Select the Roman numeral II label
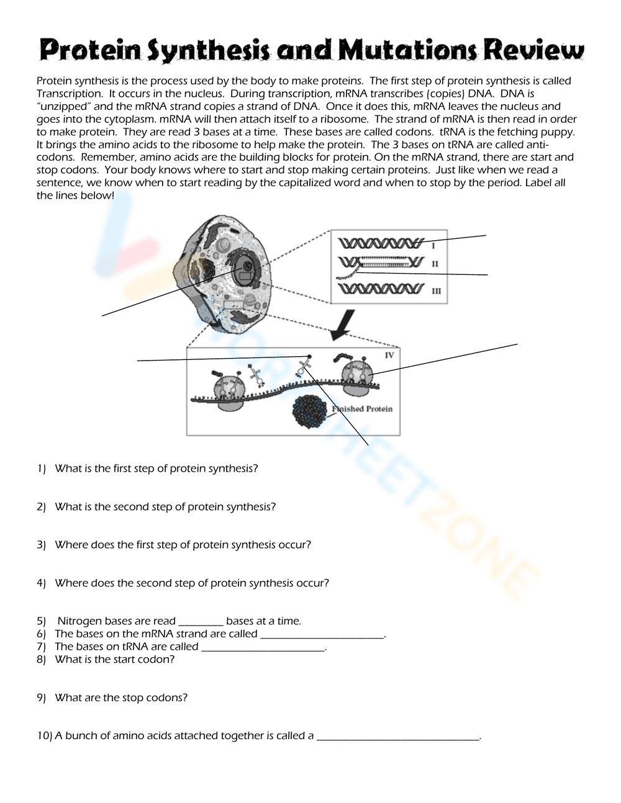point(435,264)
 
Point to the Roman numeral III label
point(437,290)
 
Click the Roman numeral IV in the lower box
point(389,356)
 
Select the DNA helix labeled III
point(379,289)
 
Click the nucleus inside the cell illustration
point(245,268)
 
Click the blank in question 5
point(201,622)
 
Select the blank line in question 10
point(398,737)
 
